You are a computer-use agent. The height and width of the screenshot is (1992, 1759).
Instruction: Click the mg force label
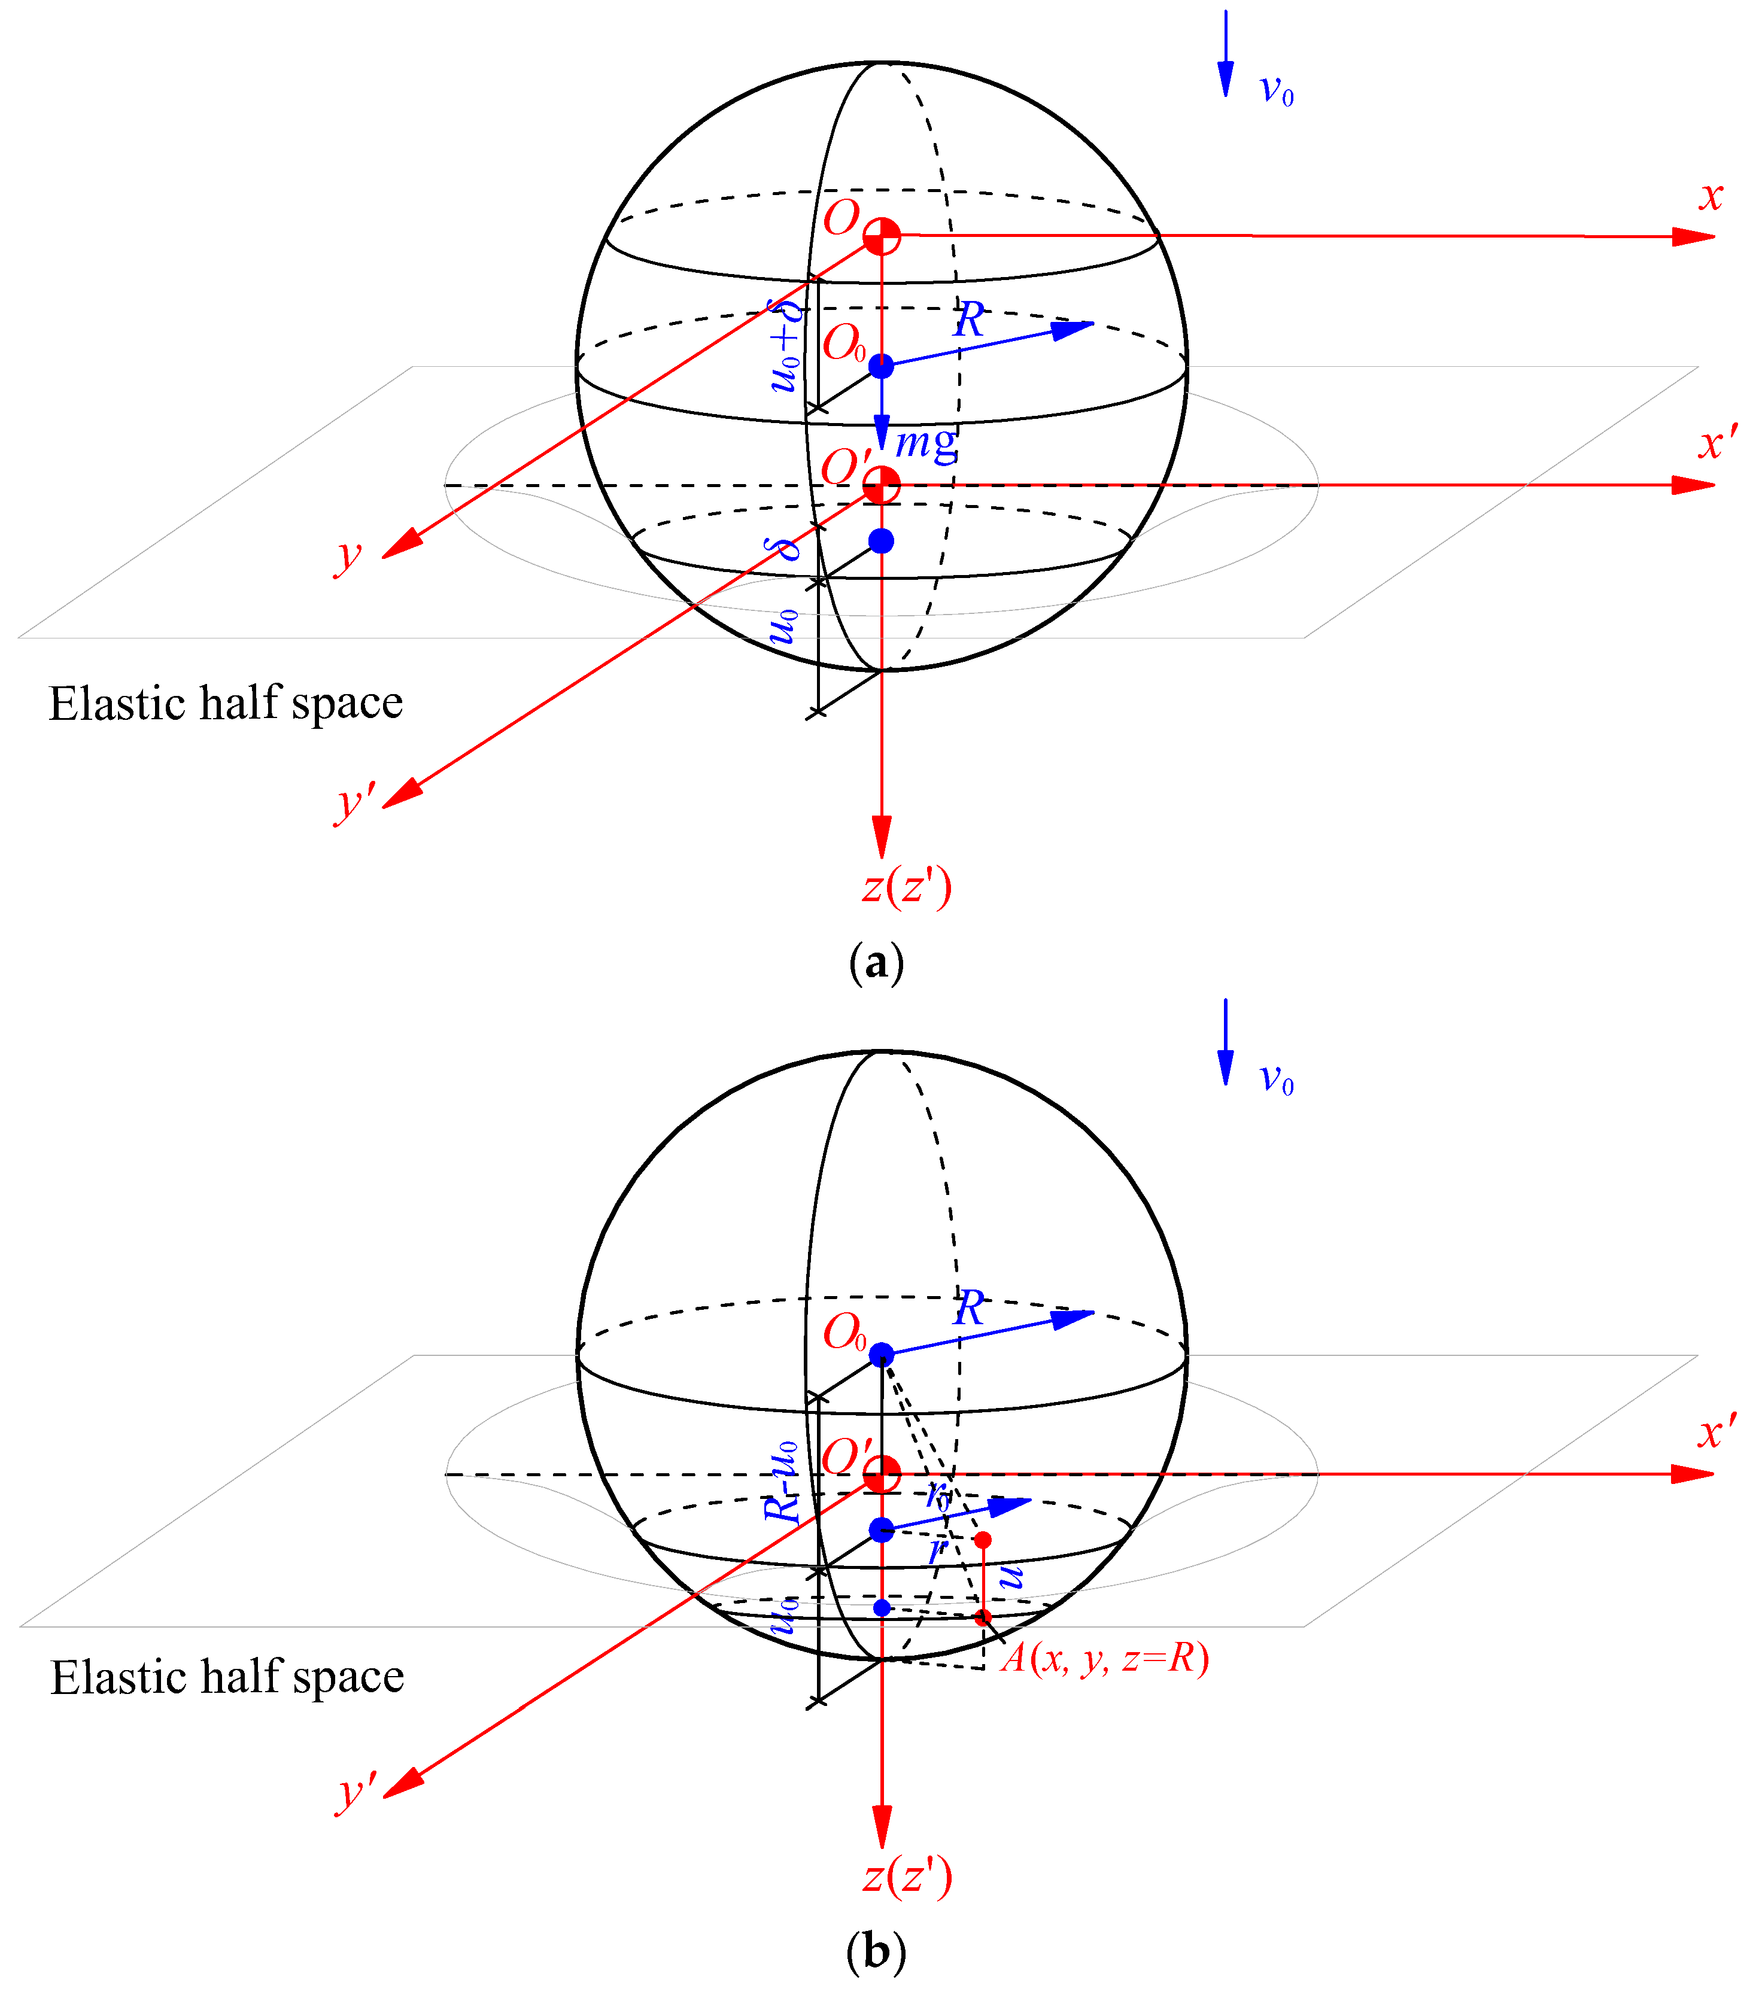[x=926, y=443]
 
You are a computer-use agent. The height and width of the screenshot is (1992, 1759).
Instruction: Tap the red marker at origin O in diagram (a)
[x=882, y=236]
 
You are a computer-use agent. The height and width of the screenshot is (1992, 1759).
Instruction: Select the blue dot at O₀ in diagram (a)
[x=881, y=366]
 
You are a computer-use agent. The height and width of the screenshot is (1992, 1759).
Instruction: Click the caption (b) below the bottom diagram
[x=877, y=1952]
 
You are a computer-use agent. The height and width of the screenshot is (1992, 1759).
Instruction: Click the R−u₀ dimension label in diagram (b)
[x=782, y=1482]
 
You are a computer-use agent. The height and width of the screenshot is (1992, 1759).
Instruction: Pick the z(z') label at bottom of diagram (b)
[x=906, y=1876]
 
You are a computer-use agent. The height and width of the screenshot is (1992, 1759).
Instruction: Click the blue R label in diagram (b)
[x=968, y=1308]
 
